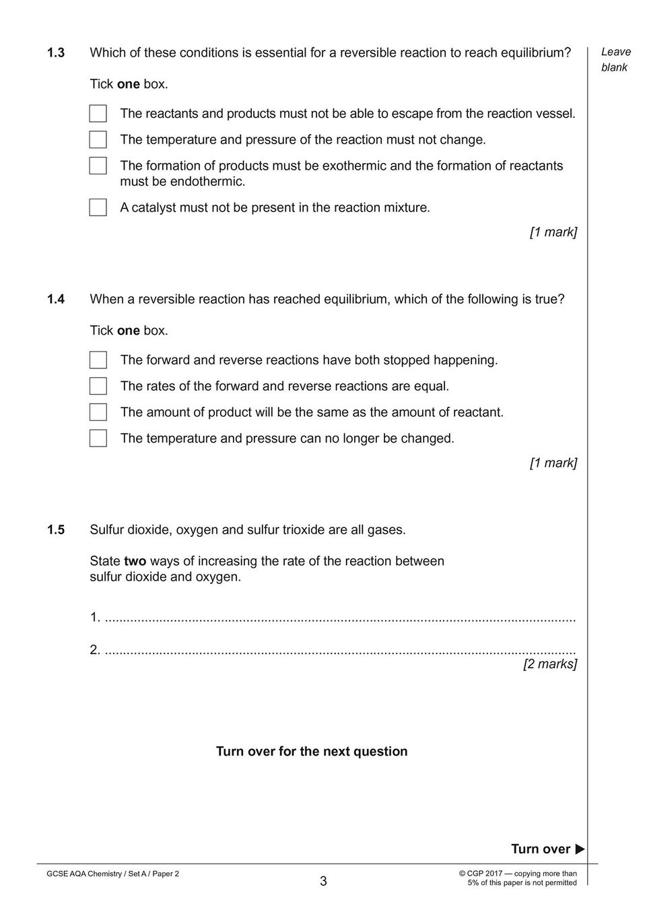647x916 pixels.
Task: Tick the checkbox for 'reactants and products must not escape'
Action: click(98, 113)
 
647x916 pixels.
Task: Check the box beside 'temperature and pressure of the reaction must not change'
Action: click(98, 139)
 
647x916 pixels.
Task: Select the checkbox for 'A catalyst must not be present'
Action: click(98, 207)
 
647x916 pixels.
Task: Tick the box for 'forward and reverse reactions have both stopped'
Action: click(98, 360)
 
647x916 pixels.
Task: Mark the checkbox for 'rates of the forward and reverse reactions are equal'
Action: click(98, 386)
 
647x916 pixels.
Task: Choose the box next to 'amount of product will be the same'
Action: click(98, 412)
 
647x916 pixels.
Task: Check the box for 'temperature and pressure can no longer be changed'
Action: click(98, 438)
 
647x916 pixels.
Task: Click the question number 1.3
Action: click(55, 53)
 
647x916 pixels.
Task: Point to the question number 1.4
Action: click(55, 299)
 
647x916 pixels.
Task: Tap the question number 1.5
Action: click(55, 530)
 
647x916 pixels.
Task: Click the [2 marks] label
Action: click(550, 664)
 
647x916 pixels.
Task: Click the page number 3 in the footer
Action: click(323, 881)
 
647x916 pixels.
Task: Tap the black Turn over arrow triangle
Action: click(580, 849)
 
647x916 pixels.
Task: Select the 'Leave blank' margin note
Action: click(615, 59)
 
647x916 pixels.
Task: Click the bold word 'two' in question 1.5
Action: click(135, 561)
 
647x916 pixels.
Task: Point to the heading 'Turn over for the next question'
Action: click(312, 752)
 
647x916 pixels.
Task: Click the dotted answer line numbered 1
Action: click(340, 618)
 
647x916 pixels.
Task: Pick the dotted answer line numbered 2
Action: click(340, 651)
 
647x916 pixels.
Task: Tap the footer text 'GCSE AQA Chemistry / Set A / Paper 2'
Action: click(112, 874)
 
